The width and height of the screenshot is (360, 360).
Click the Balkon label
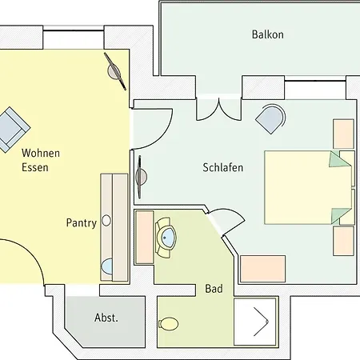tap(268, 34)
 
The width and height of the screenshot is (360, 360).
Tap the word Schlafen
tap(223, 167)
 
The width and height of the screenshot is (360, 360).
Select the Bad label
tap(214, 289)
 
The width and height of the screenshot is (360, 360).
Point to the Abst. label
tap(106, 318)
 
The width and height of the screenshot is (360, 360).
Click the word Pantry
tap(82, 223)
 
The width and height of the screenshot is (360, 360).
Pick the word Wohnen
tap(41, 153)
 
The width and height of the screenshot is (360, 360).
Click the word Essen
tap(35, 167)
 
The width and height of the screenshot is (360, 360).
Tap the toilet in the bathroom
tap(169, 324)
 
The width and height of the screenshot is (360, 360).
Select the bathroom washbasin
tap(166, 238)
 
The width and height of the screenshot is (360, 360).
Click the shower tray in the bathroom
tap(255, 322)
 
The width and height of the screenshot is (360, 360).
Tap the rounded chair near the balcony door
tap(270, 119)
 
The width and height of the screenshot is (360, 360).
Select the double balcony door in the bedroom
tap(219, 110)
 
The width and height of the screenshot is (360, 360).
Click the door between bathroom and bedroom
tap(226, 221)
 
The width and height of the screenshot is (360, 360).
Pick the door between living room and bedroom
tap(151, 129)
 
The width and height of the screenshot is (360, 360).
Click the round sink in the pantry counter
tap(106, 221)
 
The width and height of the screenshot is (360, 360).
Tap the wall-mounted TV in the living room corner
tap(115, 71)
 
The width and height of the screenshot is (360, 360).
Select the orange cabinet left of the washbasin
tap(145, 237)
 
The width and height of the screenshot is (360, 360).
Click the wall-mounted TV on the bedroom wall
tap(140, 177)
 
